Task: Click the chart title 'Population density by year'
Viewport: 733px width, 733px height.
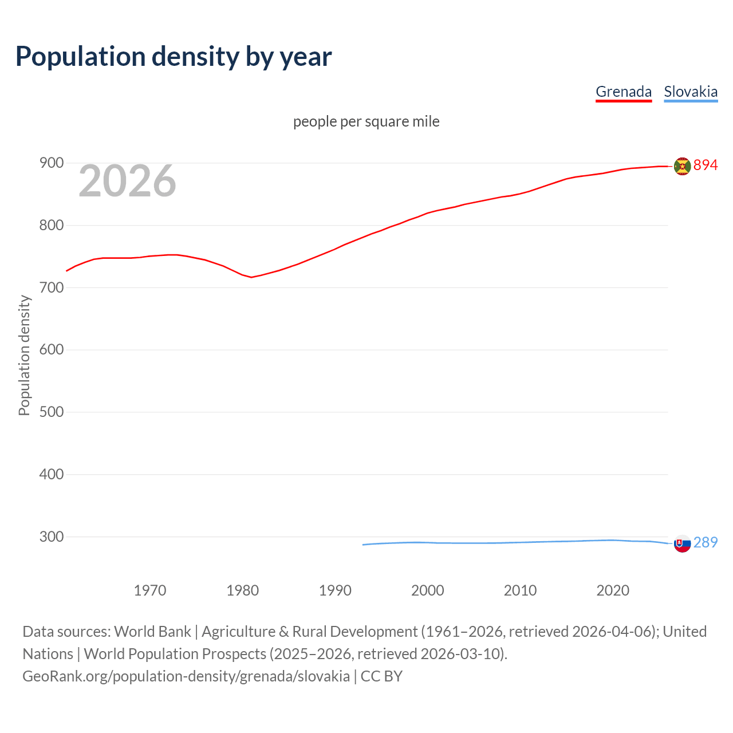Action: point(174,57)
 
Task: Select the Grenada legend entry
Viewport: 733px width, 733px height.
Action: point(624,92)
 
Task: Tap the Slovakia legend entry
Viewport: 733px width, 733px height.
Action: point(691,92)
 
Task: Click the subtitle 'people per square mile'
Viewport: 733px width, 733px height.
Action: point(366,121)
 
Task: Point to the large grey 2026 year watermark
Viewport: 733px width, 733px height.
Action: point(127,181)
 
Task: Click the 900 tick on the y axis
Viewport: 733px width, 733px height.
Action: point(51,163)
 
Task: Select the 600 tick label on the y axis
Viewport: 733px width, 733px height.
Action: point(51,350)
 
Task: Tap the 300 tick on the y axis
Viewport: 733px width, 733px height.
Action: point(51,537)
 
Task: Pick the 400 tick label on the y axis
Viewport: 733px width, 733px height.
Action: point(51,475)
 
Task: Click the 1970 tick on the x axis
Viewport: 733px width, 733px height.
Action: point(150,590)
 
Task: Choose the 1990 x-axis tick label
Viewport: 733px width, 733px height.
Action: point(335,590)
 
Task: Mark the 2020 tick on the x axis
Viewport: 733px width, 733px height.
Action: point(613,590)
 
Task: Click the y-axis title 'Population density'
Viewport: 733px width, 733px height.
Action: point(24,355)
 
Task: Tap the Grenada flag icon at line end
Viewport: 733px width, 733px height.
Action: point(682,166)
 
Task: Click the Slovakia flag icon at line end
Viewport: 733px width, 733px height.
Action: point(682,543)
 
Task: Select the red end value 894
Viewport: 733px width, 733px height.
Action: point(706,165)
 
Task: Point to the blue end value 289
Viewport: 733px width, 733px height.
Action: point(706,542)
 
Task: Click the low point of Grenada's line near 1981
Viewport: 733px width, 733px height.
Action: point(251,277)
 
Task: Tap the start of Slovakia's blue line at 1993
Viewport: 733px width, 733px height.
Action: point(363,545)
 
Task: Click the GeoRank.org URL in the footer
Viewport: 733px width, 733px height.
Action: point(186,676)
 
